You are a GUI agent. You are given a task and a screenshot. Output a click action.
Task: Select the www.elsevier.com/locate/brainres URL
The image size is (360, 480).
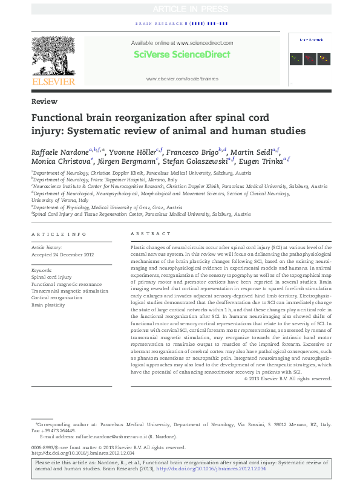tap(181, 79)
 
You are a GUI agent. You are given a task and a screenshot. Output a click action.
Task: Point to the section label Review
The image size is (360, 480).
tap(45, 102)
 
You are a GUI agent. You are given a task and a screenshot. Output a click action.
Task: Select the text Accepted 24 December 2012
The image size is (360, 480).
tap(62, 254)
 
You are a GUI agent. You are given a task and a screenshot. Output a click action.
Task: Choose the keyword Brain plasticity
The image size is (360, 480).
tap(48, 305)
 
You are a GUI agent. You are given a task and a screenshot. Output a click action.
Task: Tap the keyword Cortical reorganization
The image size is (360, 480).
tap(56, 297)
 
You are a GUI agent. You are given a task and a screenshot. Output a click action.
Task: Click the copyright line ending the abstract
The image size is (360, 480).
tap(287, 378)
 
